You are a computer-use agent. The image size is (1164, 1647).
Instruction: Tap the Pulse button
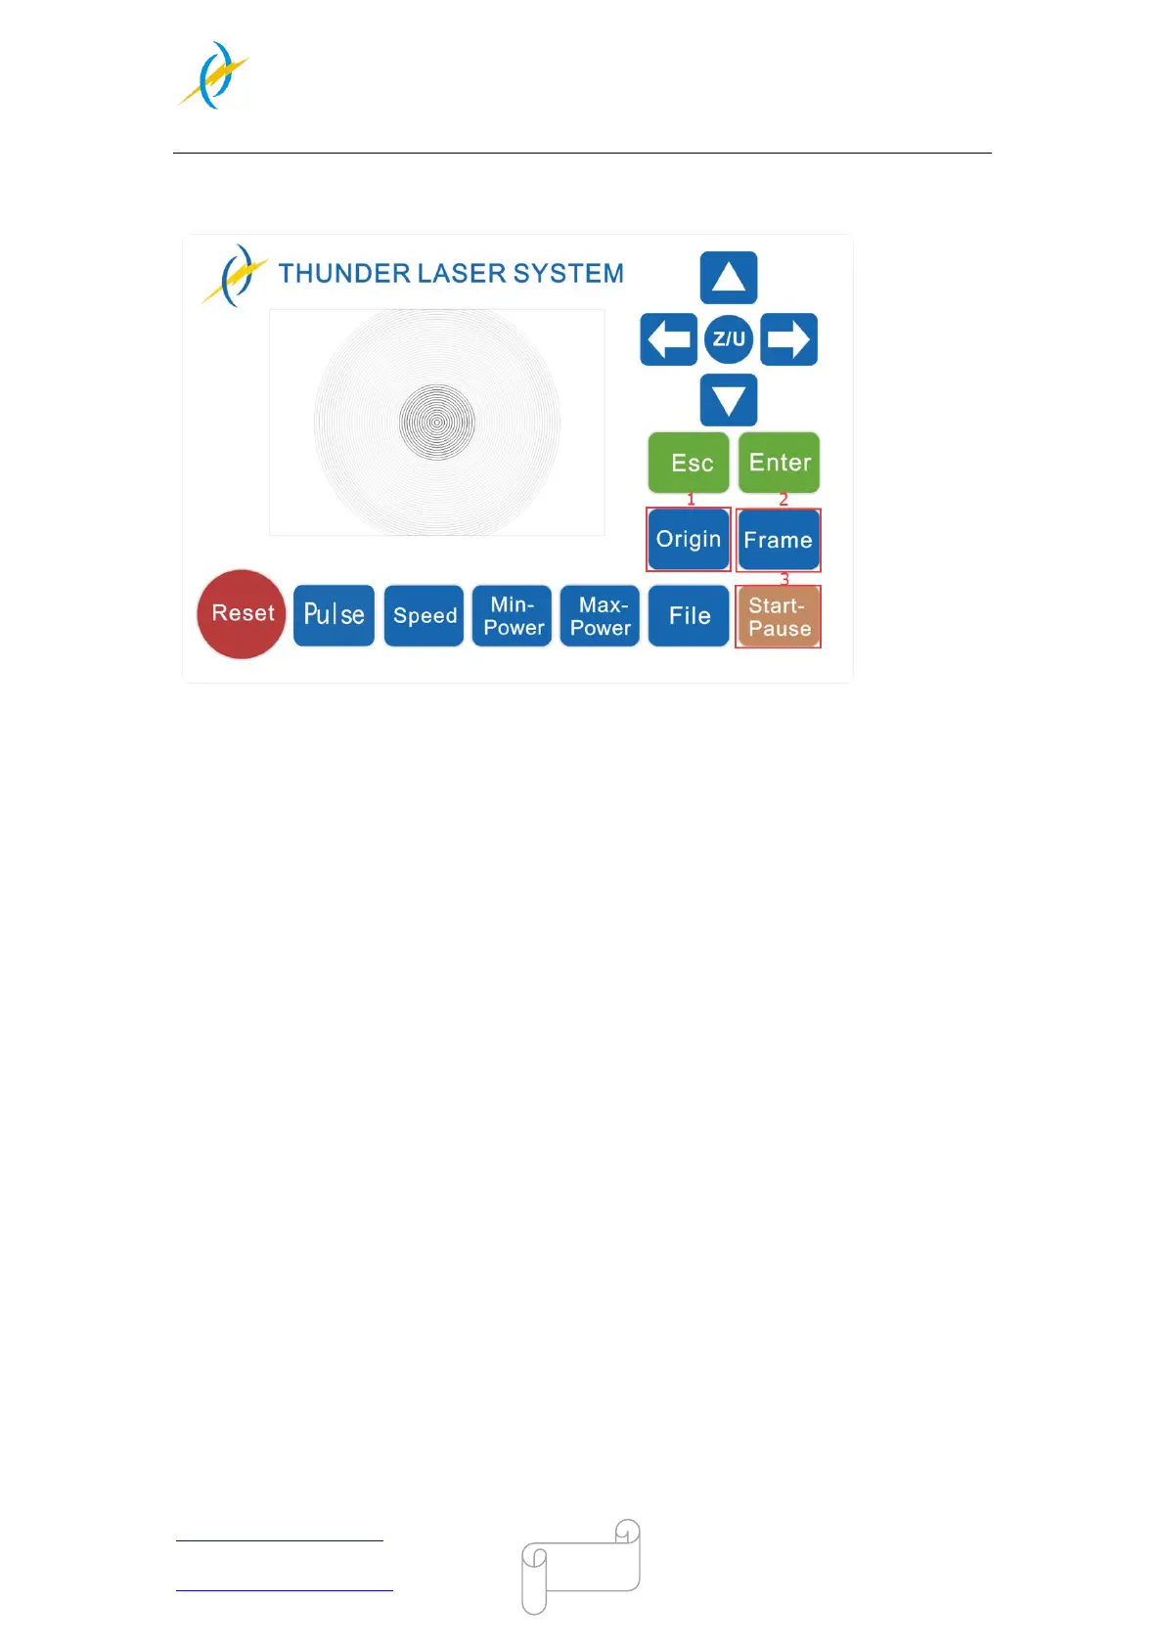[x=334, y=615]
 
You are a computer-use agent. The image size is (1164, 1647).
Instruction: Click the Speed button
[x=424, y=615]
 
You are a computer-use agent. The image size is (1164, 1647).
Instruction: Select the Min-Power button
[x=513, y=615]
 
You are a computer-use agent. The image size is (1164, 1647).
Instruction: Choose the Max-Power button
[x=600, y=615]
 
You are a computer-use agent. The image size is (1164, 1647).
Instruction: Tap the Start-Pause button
[x=779, y=616]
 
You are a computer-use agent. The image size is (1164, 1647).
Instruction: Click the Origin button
[x=689, y=539]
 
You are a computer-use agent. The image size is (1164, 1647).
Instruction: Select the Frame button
[x=779, y=540]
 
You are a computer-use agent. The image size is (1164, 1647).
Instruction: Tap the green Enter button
[x=779, y=463]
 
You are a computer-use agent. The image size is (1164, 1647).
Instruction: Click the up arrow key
[x=729, y=278]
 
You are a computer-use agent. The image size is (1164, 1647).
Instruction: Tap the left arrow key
[x=668, y=339]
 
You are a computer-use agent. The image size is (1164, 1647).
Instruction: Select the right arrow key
[x=788, y=339]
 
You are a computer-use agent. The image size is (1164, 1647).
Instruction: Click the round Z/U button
[x=729, y=339]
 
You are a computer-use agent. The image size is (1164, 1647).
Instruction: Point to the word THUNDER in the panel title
[x=343, y=273]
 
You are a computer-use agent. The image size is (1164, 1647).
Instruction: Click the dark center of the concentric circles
[x=437, y=423]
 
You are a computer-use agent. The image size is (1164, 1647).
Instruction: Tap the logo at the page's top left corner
[x=215, y=75]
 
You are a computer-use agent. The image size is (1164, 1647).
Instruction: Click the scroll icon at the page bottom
[x=581, y=1566]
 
